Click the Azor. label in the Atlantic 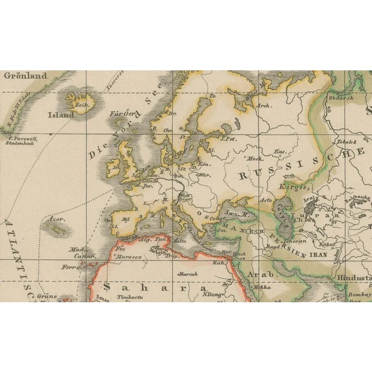pos(56,221)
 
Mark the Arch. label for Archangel pos(263,106)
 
